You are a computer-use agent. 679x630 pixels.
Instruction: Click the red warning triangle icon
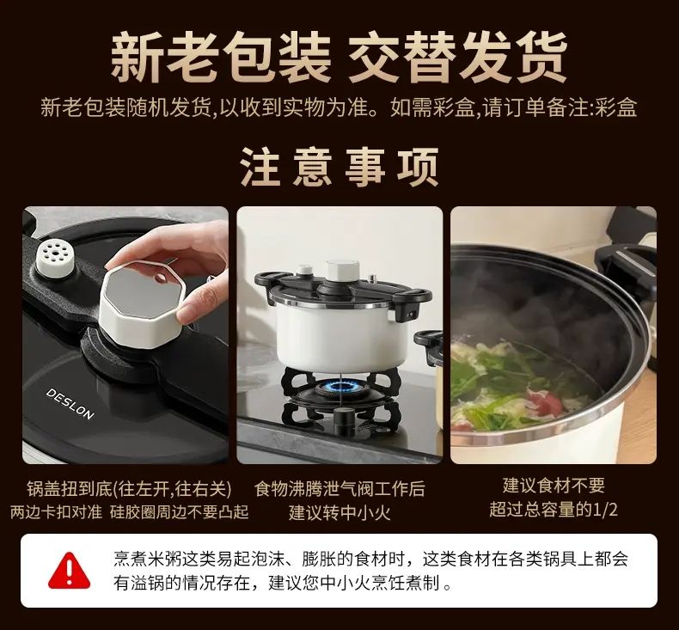(70, 570)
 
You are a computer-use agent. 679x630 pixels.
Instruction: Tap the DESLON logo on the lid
(70, 404)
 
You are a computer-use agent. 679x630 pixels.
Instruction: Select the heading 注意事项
(339, 167)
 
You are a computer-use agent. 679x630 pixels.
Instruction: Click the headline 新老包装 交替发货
(339, 57)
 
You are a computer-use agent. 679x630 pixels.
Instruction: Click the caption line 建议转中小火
(339, 513)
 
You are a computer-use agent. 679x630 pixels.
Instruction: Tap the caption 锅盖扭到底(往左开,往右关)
(129, 489)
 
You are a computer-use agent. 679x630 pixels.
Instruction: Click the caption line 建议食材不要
(554, 486)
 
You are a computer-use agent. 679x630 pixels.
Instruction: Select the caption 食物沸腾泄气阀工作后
(339, 489)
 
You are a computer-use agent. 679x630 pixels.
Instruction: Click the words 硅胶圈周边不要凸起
(179, 512)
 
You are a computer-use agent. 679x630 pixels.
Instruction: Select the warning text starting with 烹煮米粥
(370, 571)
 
